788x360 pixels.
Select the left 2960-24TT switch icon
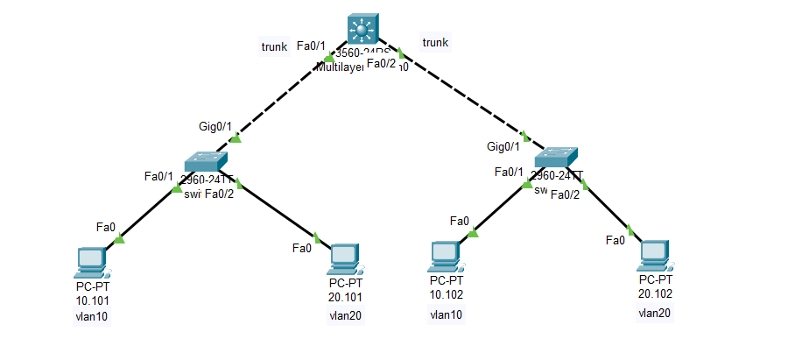click(x=207, y=162)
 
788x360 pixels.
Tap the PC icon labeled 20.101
click(x=345, y=258)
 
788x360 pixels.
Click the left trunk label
click(x=274, y=46)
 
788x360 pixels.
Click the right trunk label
click(x=435, y=42)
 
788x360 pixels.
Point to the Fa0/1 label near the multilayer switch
click(x=312, y=46)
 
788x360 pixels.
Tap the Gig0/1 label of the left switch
click(x=214, y=126)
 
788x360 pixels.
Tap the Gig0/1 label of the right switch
click(x=503, y=146)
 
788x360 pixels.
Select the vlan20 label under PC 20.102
click(x=655, y=312)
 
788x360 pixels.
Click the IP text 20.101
click(x=345, y=297)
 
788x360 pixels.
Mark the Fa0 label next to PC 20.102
click(x=615, y=239)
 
